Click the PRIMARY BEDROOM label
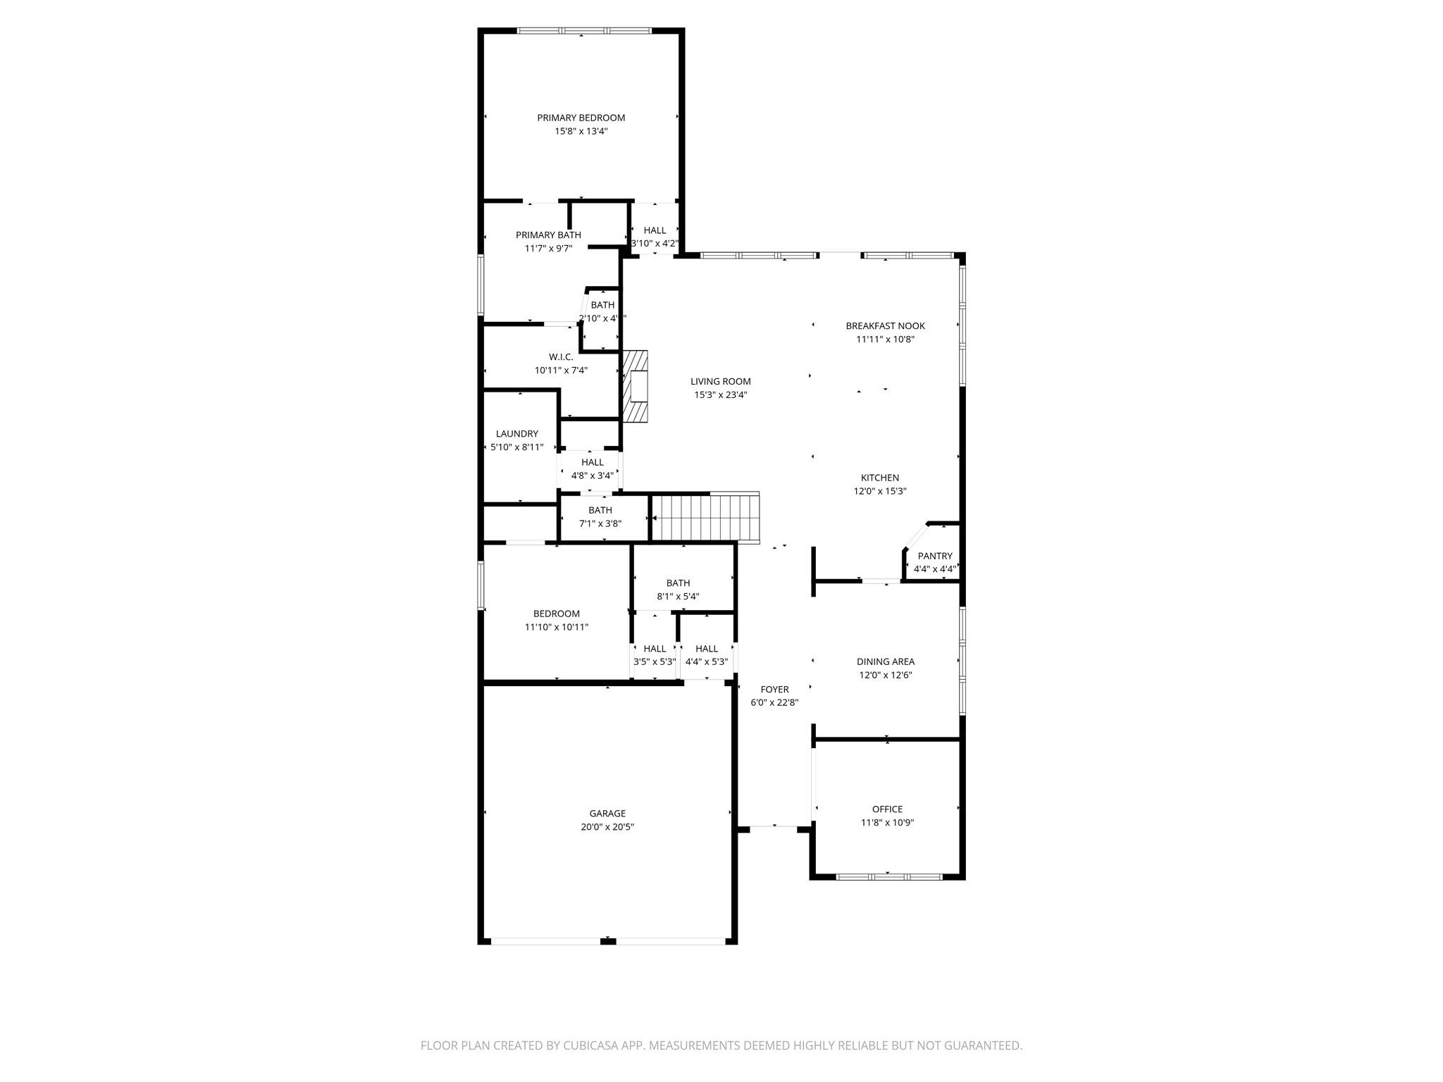coord(581,118)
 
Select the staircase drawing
coord(705,518)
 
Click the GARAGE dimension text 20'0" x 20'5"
coord(607,827)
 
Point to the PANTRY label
coord(934,556)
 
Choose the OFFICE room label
coord(886,809)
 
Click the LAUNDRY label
coord(516,434)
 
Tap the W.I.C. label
coord(561,357)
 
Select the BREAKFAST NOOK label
coord(885,325)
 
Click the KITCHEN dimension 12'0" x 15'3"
coord(879,491)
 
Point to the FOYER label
coord(774,689)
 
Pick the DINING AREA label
coord(885,661)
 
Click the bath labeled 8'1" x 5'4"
coord(678,590)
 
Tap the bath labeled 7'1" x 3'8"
coord(600,516)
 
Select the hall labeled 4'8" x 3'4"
coord(592,468)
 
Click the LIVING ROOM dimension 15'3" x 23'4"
coord(720,395)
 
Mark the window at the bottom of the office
coord(888,877)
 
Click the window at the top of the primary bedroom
coord(583,30)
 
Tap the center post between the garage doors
coord(607,941)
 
